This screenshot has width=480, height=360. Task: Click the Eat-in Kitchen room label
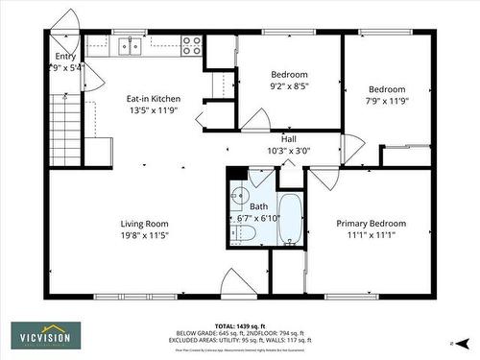point(154,99)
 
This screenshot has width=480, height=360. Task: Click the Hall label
point(288,138)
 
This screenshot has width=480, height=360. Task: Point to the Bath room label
point(259,206)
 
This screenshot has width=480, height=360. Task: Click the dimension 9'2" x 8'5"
point(288,86)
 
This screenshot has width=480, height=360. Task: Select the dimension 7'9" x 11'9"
point(387,100)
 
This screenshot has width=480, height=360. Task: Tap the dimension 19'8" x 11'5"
point(144,235)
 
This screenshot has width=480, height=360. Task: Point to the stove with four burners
point(191,44)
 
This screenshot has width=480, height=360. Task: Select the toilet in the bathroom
point(244,233)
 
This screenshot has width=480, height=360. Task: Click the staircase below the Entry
point(62,125)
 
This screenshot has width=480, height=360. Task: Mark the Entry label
point(64,57)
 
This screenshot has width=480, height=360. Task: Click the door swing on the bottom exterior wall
point(237,283)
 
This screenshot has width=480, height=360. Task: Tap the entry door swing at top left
point(67,23)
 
